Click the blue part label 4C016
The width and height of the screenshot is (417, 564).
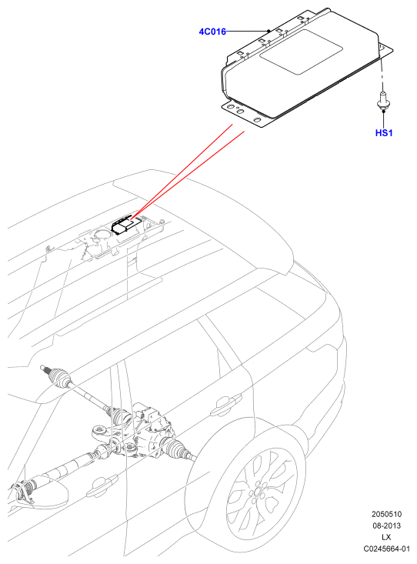(212, 32)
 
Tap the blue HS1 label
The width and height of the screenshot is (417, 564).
(384, 133)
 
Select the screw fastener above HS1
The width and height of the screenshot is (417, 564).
(383, 101)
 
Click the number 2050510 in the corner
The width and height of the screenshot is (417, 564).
(386, 514)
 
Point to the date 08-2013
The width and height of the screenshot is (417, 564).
(386, 526)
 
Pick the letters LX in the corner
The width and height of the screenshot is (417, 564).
(386, 537)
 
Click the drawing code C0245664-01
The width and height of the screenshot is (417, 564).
(386, 549)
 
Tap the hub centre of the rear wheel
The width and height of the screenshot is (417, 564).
(259, 492)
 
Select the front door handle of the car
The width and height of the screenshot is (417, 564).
(102, 486)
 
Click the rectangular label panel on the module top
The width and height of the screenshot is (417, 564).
(301, 52)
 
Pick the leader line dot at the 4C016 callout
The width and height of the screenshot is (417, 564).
(269, 31)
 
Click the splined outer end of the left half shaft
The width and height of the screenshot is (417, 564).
(44, 368)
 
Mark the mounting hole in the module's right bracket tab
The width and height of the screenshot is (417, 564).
(382, 47)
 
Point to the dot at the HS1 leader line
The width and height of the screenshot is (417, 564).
(384, 112)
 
